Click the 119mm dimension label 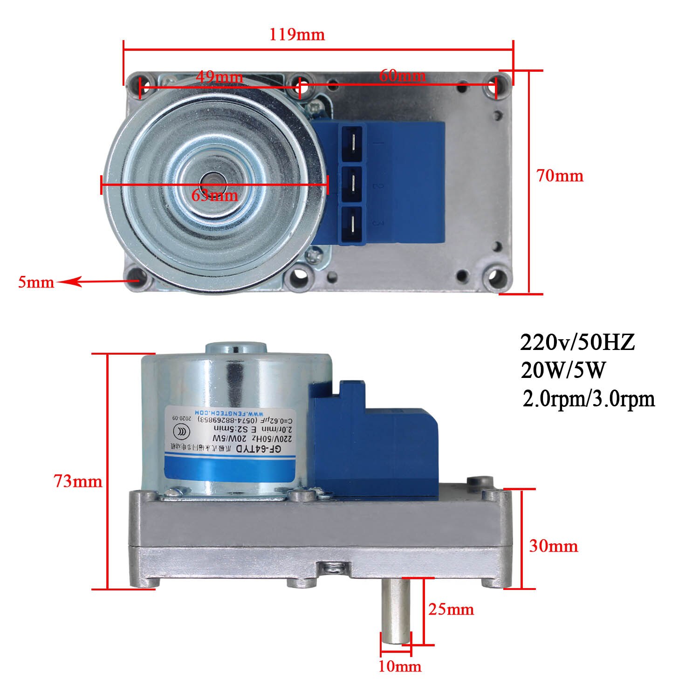tap(297, 34)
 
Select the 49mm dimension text tap(219, 76)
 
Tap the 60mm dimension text tap(402, 75)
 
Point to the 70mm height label tap(559, 176)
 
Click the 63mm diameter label tap(215, 195)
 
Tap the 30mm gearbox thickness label tap(553, 546)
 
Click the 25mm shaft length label tap(451, 609)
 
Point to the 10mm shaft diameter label tap(399, 666)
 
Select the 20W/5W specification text tap(563, 371)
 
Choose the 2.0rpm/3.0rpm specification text tap(589, 399)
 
